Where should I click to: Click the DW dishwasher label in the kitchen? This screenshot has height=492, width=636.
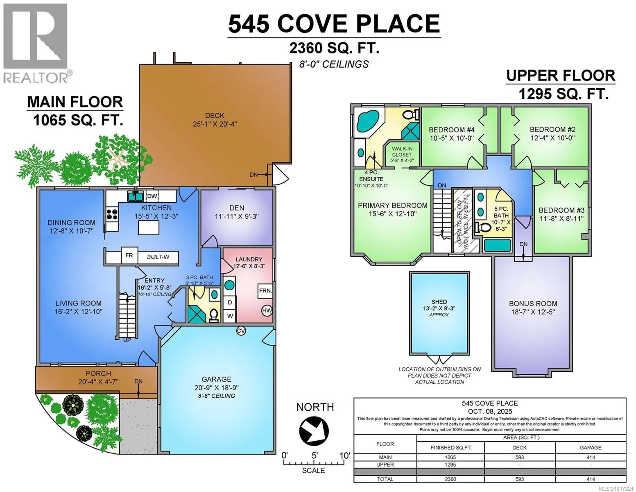pos(152,196)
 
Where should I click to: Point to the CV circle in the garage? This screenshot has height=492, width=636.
pos(241,331)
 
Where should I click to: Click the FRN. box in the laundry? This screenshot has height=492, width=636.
pos(265,291)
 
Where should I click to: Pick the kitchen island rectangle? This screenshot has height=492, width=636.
pos(149,228)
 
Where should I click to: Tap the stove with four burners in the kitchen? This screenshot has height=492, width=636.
pos(112,214)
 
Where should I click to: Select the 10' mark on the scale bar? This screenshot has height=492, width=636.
pos(344,456)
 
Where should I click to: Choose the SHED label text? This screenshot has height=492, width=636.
pos(439,302)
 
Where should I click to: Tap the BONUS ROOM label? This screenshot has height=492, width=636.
pos(533,303)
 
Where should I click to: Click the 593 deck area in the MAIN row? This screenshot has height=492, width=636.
pos(520,457)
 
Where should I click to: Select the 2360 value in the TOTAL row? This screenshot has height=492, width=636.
pos(450,479)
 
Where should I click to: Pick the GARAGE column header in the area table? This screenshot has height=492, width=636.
pos(591,447)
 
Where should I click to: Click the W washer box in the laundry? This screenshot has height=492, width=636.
pos(230,316)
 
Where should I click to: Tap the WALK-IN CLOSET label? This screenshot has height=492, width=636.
pos(402,152)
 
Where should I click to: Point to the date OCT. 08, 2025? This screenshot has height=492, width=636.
pos(490,411)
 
